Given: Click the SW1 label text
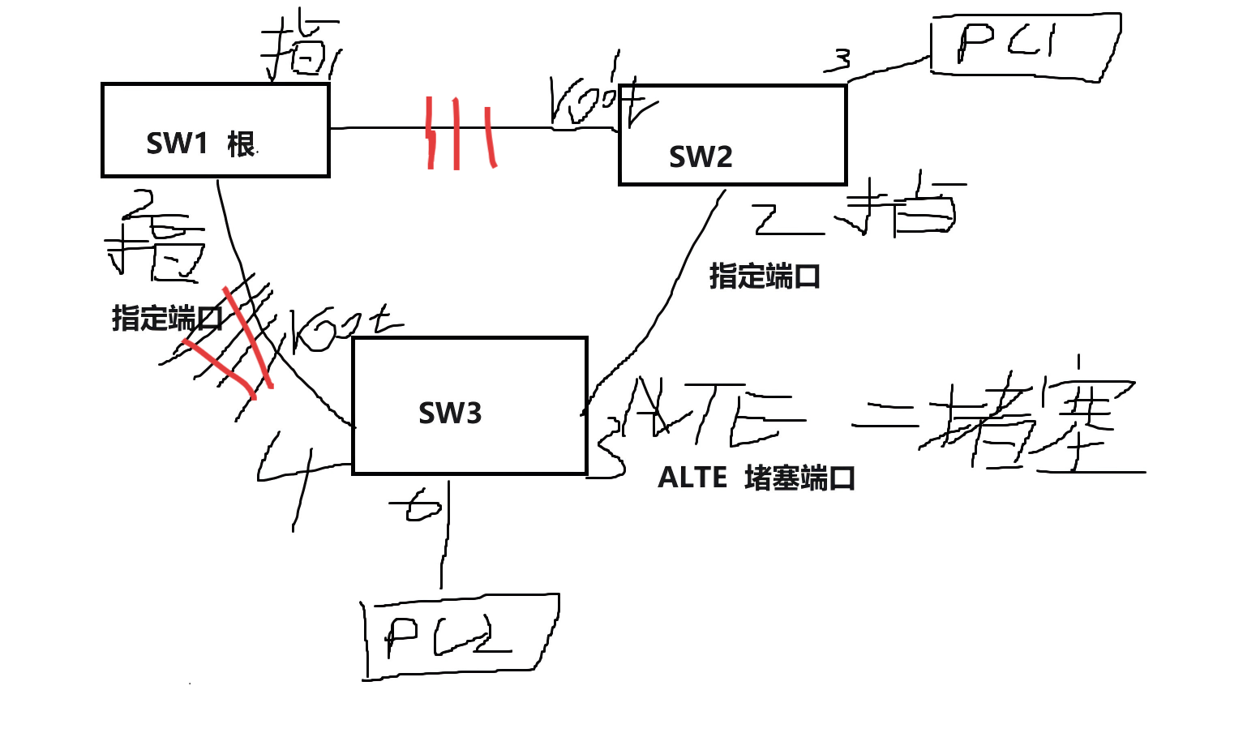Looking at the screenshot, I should coord(177,144).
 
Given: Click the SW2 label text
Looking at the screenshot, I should coord(701,156).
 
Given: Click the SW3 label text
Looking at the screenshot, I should coord(450,414).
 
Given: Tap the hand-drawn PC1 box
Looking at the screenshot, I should coord(1025,45).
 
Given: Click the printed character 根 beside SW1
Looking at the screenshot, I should coord(241,144).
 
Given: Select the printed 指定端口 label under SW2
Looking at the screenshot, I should coord(764,276).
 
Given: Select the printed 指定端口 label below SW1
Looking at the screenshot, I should coord(166,319).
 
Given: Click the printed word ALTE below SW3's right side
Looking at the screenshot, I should coord(692,478).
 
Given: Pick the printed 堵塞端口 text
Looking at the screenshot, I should coord(799,478).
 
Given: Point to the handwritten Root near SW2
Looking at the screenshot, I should coord(600,101).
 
